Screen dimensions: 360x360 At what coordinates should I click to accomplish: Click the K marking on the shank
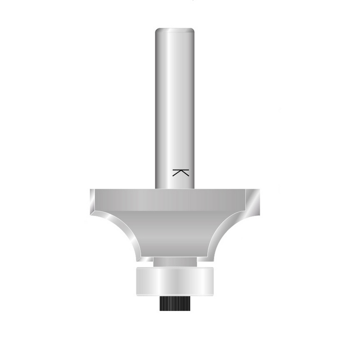pyautogui.click(x=180, y=172)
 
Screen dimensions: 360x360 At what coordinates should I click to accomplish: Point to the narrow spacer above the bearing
pyautogui.click(x=175, y=261)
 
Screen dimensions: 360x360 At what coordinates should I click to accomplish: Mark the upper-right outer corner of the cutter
pyautogui.click(x=259, y=190)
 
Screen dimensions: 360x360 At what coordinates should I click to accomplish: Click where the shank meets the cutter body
pyautogui.click(x=175, y=188)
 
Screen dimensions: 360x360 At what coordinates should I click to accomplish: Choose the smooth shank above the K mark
pyautogui.click(x=175, y=99)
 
